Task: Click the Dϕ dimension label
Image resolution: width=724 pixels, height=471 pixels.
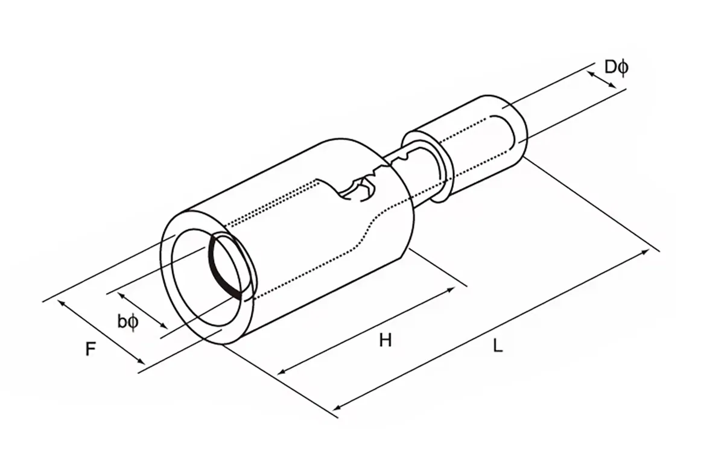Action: [x=616, y=67]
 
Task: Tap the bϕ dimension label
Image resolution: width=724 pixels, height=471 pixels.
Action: [x=128, y=322]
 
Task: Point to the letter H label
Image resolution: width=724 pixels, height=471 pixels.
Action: [x=386, y=341]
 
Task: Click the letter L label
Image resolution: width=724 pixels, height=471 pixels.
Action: [x=498, y=346]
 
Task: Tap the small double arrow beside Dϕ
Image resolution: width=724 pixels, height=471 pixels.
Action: [x=602, y=77]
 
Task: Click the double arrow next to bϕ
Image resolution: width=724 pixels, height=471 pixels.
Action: [x=142, y=311]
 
